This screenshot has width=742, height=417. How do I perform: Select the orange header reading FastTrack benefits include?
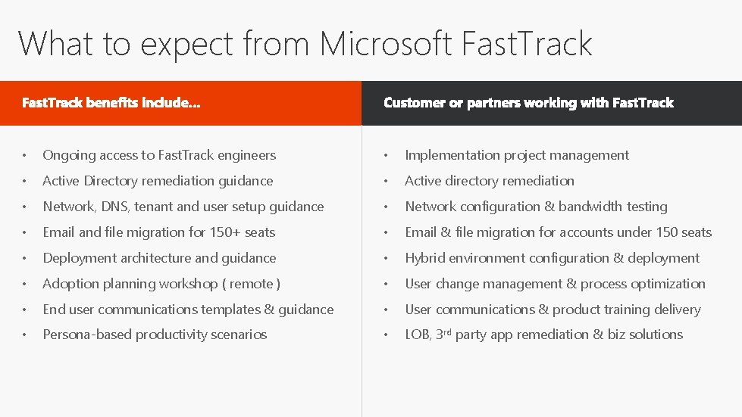[111, 103]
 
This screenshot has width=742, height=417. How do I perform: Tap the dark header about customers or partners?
[528, 103]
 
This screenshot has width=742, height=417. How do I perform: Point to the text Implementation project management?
[517, 155]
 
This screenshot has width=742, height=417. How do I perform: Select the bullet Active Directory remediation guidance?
[158, 181]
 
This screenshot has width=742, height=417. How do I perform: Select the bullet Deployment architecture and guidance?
[159, 258]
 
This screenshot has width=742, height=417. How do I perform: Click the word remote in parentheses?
[252, 284]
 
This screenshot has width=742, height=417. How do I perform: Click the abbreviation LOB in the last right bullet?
[418, 335]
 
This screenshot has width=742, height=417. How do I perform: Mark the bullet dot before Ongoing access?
[25, 156]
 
